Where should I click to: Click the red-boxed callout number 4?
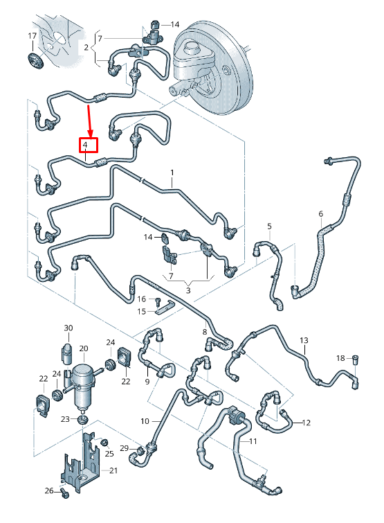(85, 145)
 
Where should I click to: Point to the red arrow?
(89, 121)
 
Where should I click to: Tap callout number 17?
(32, 36)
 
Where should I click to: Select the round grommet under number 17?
(35, 61)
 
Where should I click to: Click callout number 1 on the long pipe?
(172, 172)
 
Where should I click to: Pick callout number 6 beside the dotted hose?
(321, 213)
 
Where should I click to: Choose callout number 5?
(269, 227)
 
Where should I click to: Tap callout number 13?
(304, 341)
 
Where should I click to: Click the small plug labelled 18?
(356, 360)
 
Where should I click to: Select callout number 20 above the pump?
(84, 348)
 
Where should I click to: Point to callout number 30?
(68, 328)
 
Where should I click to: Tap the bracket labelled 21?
(80, 462)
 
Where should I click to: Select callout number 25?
(109, 454)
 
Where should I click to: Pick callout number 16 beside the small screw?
(142, 299)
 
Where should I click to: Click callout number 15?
(142, 311)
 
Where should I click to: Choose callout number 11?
(253, 441)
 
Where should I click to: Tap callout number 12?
(306, 423)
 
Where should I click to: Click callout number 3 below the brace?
(188, 290)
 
